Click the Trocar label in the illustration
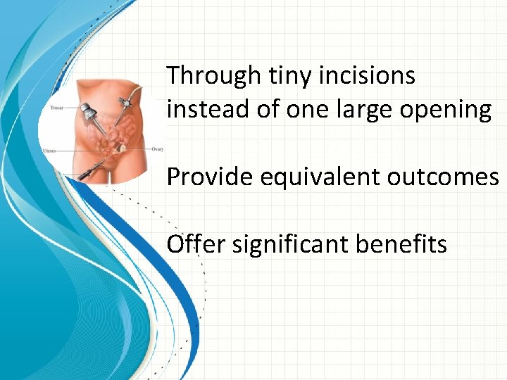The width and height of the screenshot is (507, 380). pyautogui.click(x=58, y=108)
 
